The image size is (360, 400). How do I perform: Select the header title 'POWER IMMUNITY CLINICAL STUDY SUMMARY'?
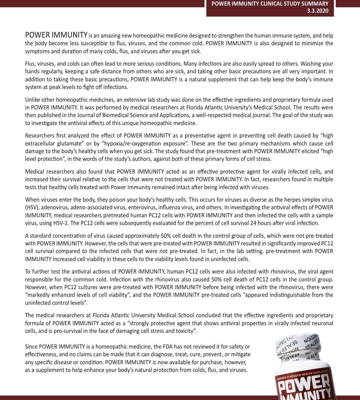pos(270,4)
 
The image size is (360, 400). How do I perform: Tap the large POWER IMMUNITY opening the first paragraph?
pos(56,35)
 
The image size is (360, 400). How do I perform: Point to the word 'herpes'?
pos(299,200)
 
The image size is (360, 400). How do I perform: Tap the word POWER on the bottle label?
pos(304,384)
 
